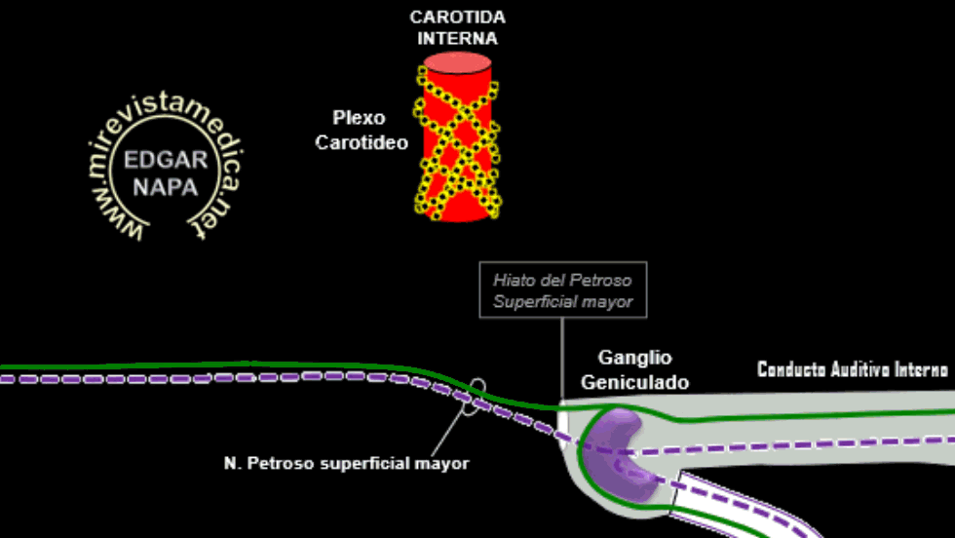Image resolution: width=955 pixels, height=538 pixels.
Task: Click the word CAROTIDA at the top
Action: pyautogui.click(x=457, y=18)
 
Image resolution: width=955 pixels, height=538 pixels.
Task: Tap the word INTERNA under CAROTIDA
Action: pyautogui.click(x=457, y=38)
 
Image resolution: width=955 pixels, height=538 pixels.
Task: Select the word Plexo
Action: pyautogui.click(x=359, y=118)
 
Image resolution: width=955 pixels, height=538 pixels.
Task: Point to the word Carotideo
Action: pyautogui.click(x=362, y=142)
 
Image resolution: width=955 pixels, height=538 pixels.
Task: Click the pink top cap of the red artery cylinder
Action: pyautogui.click(x=457, y=62)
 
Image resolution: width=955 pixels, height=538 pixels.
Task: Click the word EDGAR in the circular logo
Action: pyautogui.click(x=166, y=160)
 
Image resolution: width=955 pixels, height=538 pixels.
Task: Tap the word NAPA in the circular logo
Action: pyautogui.click(x=166, y=187)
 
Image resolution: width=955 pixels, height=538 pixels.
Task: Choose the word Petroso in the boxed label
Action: pyautogui.click(x=601, y=281)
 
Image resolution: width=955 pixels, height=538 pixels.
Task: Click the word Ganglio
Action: pyautogui.click(x=634, y=358)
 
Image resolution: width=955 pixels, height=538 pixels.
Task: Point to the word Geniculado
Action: pyautogui.click(x=634, y=383)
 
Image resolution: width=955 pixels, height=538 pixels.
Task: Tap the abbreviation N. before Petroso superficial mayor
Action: pyautogui.click(x=233, y=464)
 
